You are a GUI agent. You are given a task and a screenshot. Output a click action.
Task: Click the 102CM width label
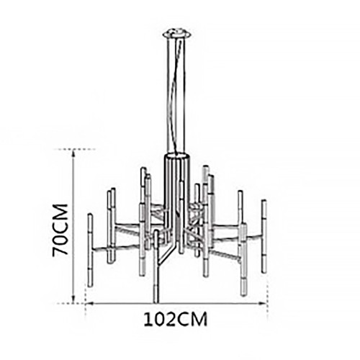[176, 319]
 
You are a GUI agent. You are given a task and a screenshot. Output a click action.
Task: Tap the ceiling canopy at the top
[178, 34]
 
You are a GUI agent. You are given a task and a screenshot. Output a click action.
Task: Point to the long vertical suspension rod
[177, 96]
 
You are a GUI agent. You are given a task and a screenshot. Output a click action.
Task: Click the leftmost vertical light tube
[90, 250]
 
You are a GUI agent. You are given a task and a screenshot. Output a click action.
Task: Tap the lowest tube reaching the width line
[156, 267]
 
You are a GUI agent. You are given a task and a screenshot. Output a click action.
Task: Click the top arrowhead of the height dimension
[73, 152]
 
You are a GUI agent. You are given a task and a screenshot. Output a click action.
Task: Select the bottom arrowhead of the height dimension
[73, 300]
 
